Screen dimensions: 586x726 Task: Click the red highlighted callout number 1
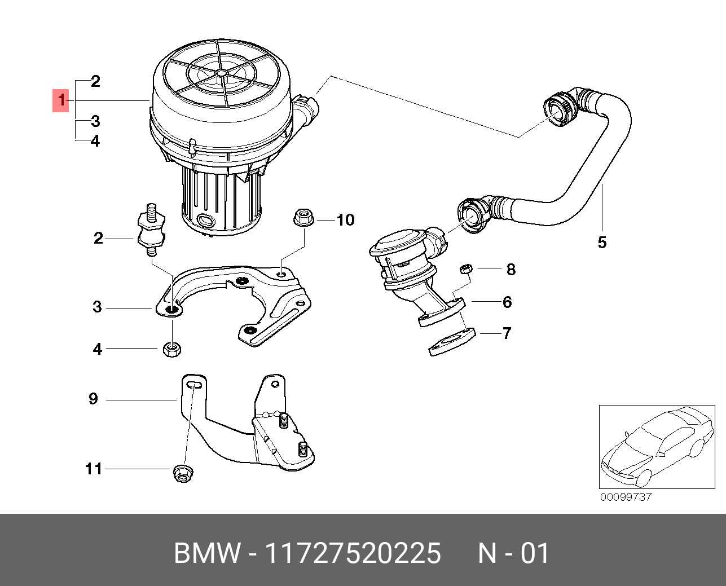click(x=61, y=101)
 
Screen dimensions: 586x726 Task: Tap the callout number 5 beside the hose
click(x=602, y=243)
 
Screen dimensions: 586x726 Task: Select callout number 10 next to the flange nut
click(x=345, y=220)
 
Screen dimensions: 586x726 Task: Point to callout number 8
click(x=511, y=269)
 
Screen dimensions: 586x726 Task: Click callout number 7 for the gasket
click(x=507, y=333)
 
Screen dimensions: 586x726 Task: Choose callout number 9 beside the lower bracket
click(x=93, y=399)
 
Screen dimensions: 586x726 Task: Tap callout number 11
click(x=94, y=469)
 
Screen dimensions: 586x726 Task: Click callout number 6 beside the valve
click(x=507, y=302)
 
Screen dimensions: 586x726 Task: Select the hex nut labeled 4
click(x=171, y=349)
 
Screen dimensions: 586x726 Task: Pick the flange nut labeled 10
click(x=303, y=217)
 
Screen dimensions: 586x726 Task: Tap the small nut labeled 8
click(x=465, y=269)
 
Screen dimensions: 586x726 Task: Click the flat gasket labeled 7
click(x=452, y=342)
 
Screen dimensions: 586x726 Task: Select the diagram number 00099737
click(x=626, y=497)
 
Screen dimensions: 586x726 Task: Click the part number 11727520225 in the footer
click(x=353, y=553)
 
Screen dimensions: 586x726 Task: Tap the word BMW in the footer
click(x=206, y=553)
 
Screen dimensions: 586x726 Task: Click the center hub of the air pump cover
click(x=221, y=73)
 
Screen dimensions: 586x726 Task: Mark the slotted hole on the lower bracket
click(x=193, y=384)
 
